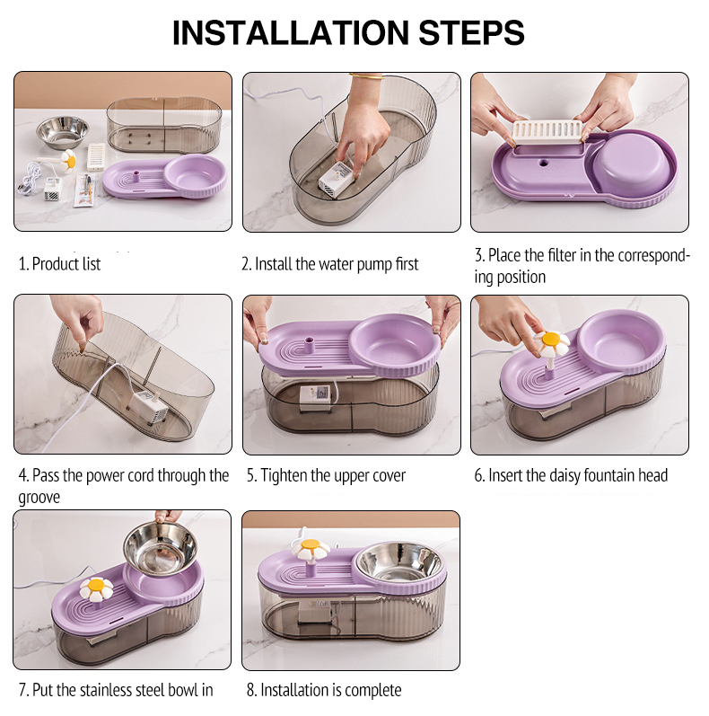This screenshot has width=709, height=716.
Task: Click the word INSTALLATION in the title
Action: pyautogui.click(x=291, y=33)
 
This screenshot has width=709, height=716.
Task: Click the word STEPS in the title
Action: pyautogui.click(x=471, y=33)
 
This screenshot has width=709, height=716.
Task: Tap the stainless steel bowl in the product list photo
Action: pyautogui.click(x=62, y=132)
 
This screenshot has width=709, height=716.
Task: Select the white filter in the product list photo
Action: pyautogui.click(x=96, y=156)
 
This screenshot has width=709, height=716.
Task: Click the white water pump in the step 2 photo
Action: pyautogui.click(x=336, y=180)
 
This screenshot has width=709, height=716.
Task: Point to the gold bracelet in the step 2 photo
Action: pyautogui.click(x=367, y=76)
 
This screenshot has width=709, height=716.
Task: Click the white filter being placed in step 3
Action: pyautogui.click(x=547, y=131)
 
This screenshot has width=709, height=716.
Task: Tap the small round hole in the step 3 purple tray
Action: pyautogui.click(x=543, y=162)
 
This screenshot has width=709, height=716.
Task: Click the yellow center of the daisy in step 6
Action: pyautogui.click(x=551, y=340)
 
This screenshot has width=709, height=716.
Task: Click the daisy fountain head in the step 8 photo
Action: pyautogui.click(x=311, y=553)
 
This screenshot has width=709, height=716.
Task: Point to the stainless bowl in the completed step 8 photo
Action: pyautogui.click(x=399, y=561)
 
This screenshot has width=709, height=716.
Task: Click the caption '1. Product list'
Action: pyautogui.click(x=59, y=264)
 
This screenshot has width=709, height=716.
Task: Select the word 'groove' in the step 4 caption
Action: pyautogui.click(x=39, y=498)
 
